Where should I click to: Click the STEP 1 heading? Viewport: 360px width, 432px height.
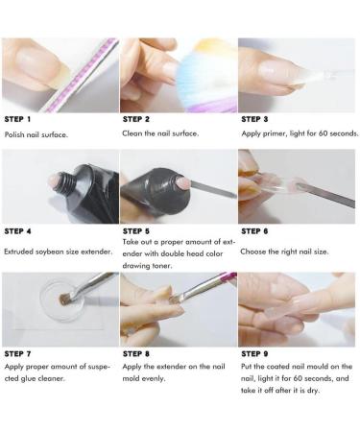(x=18, y=119)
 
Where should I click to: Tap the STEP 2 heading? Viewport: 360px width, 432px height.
(x=136, y=119)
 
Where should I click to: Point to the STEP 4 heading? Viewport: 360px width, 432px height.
(x=18, y=230)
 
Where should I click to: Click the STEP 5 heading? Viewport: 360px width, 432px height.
(x=136, y=230)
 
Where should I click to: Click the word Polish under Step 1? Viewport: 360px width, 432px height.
(x=14, y=135)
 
